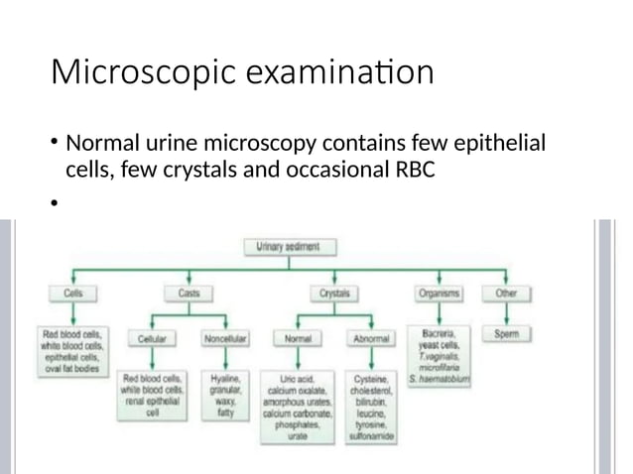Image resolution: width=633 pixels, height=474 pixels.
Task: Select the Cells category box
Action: pos(73,295)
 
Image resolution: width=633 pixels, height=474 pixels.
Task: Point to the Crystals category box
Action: pos(331,295)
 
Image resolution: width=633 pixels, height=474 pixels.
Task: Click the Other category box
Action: pos(506,295)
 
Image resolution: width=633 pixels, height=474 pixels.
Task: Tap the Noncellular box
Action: pos(225,337)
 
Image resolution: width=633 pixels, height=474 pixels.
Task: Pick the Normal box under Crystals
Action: pos(299,337)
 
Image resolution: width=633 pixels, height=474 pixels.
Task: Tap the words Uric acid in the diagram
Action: pos(299,380)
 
